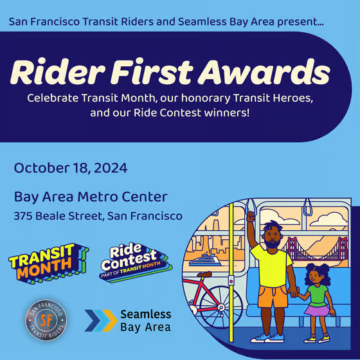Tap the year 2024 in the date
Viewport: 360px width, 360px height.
pos(109,169)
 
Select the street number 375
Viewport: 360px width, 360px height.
pos(23,216)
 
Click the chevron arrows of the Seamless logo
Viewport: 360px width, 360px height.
pos(100,319)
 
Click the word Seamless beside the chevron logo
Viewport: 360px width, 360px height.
pos(145,314)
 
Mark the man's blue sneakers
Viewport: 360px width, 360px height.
pos(269,337)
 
